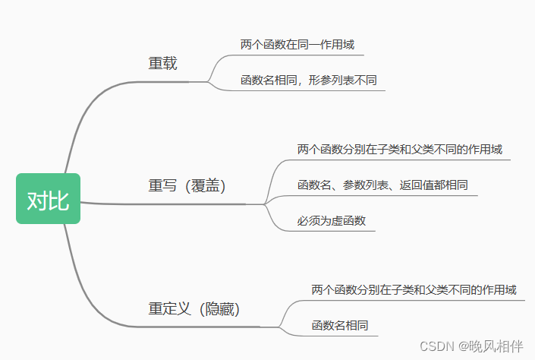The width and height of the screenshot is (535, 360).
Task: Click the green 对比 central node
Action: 48,199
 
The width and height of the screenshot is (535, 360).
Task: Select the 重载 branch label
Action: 162,63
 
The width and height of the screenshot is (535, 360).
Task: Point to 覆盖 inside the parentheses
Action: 205,186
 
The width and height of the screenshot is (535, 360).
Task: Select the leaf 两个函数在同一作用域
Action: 297,45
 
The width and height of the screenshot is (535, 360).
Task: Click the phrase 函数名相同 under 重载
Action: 269,81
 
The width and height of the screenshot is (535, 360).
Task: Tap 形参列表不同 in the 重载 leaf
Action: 342,81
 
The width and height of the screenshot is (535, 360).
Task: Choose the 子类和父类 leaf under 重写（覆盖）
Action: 400,150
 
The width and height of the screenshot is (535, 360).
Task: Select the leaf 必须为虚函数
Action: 332,221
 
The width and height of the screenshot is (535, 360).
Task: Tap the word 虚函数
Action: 349,221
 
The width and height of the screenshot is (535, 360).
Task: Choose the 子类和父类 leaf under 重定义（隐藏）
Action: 414,290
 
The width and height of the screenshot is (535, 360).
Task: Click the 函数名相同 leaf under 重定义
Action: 340,326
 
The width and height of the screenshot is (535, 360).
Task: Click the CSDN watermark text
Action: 437,346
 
